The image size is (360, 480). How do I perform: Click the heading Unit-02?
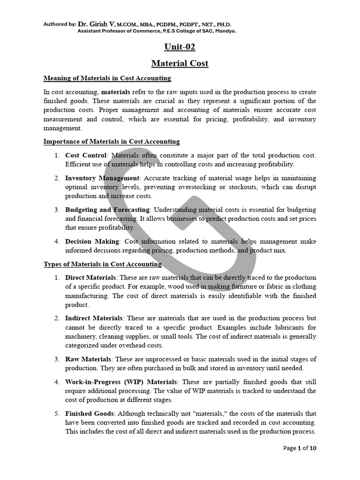pyautogui.click(x=180, y=47)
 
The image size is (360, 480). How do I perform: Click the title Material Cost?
pyautogui.click(x=180, y=63)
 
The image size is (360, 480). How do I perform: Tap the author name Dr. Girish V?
pyautogui.click(x=96, y=24)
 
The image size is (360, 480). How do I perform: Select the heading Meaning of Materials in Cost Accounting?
pyautogui.click(x=107, y=78)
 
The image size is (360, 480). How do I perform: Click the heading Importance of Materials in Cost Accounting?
pyautogui.click(x=112, y=141)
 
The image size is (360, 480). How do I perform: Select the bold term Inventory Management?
pyautogui.click(x=102, y=178)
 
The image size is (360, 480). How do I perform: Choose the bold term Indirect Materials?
pyautogui.click(x=94, y=318)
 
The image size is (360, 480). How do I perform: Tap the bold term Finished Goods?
pyautogui.click(x=89, y=413)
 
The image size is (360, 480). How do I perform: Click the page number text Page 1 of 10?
pyautogui.click(x=300, y=448)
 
